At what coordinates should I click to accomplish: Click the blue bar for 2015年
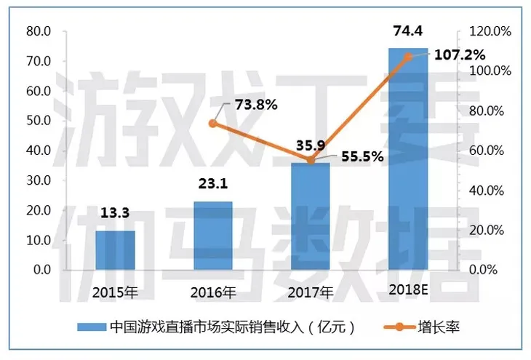(115, 250)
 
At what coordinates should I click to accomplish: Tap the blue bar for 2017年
(310, 217)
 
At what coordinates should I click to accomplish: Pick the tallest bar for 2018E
(408, 160)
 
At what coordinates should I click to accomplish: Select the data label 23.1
(212, 185)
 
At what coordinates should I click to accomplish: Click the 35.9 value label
(309, 145)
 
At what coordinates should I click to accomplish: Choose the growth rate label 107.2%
(460, 55)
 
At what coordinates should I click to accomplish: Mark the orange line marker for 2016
(212, 124)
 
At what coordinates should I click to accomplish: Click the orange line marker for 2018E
(408, 57)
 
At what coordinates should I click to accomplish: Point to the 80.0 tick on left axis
(37, 31)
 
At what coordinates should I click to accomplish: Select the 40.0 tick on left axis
(37, 151)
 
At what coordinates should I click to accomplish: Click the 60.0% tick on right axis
(492, 151)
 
